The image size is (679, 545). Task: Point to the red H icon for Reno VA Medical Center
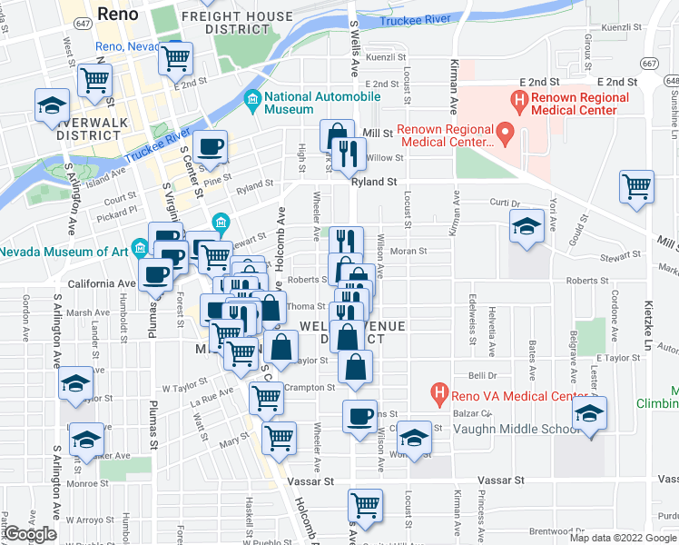(439, 392)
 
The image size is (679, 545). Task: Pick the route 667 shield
(649, 63)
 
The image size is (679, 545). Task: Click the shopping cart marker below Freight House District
(175, 59)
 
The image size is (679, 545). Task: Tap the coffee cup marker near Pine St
(211, 146)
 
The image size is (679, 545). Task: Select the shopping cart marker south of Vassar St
(365, 504)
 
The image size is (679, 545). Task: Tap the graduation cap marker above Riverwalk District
(53, 104)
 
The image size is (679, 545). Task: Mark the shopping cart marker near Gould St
(637, 186)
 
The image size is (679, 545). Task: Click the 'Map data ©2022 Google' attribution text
(623, 538)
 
